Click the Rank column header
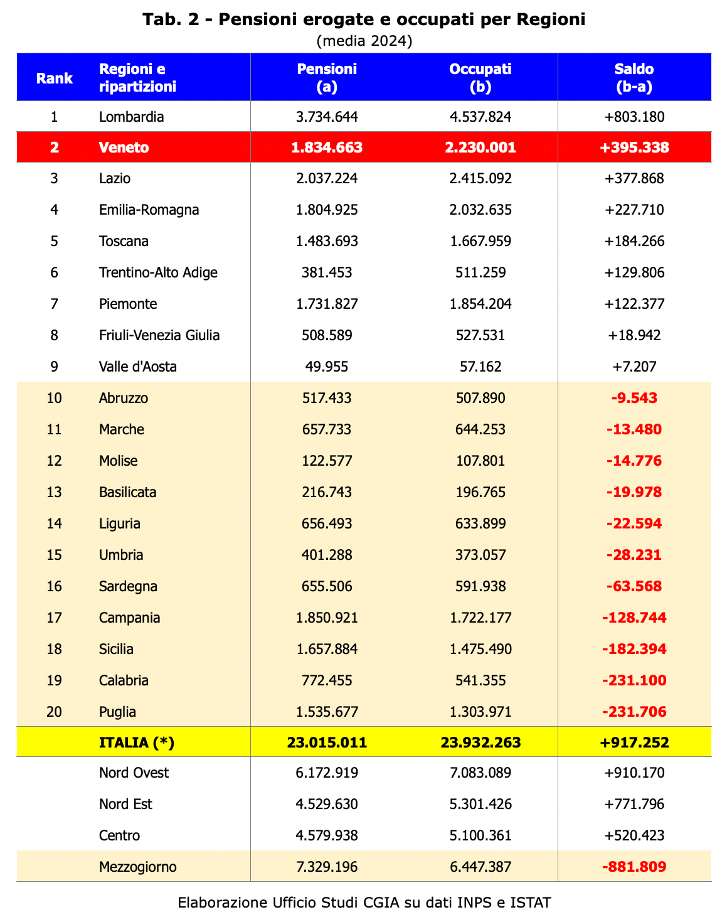coord(54,78)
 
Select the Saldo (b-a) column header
coord(634,78)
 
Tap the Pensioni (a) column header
coord(327,78)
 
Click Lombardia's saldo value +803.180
coord(634,117)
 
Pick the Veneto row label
coord(124,147)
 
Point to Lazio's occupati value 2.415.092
coord(480,178)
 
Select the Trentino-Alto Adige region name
coord(158,272)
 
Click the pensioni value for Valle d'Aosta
coord(327,367)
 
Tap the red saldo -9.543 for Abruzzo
coord(634,398)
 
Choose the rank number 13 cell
coord(54,492)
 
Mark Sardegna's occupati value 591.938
coord(480,586)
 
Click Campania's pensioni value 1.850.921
coord(327,618)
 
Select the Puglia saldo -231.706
coord(634,712)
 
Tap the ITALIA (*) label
coord(136,742)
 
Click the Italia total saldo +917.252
coord(634,742)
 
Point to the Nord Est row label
coord(125,804)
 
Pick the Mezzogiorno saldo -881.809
coord(634,867)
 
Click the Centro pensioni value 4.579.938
coord(327,835)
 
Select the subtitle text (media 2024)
coord(364,41)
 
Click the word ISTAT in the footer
coord(531,903)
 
